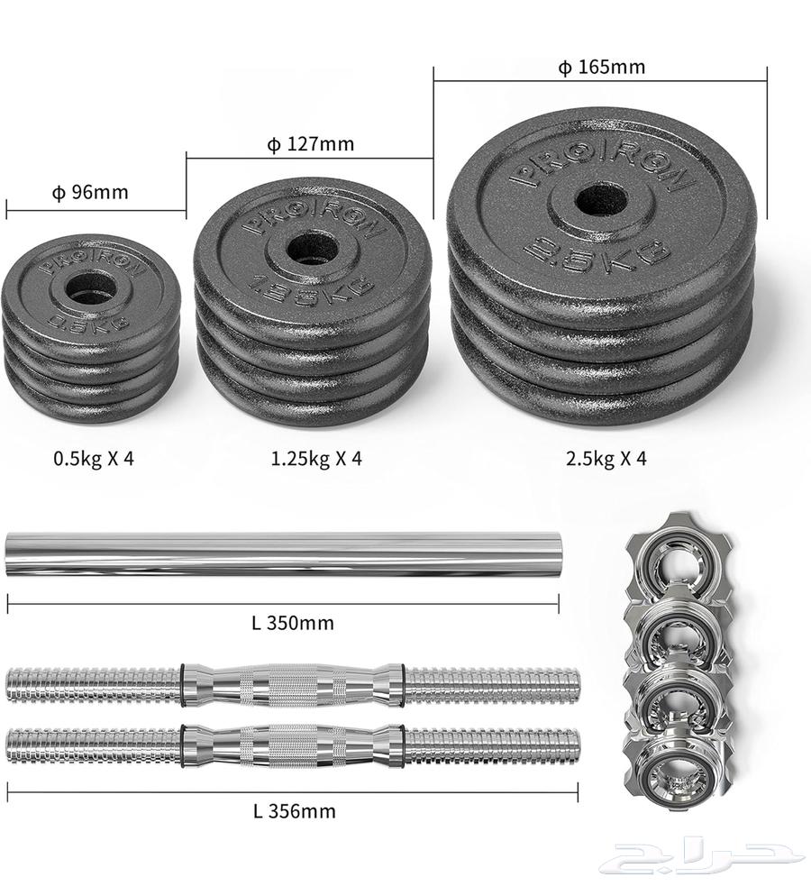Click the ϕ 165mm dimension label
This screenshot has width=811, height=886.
tap(601, 68)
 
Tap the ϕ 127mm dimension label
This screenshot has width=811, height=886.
tap(311, 144)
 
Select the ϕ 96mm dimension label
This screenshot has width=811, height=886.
tap(90, 193)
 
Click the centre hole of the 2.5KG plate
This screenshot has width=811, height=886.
tap(601, 201)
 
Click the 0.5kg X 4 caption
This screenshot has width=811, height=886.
tap(94, 458)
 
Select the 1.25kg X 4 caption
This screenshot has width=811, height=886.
tap(316, 458)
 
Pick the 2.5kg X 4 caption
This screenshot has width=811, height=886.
tap(606, 458)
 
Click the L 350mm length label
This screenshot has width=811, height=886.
tap(293, 623)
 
